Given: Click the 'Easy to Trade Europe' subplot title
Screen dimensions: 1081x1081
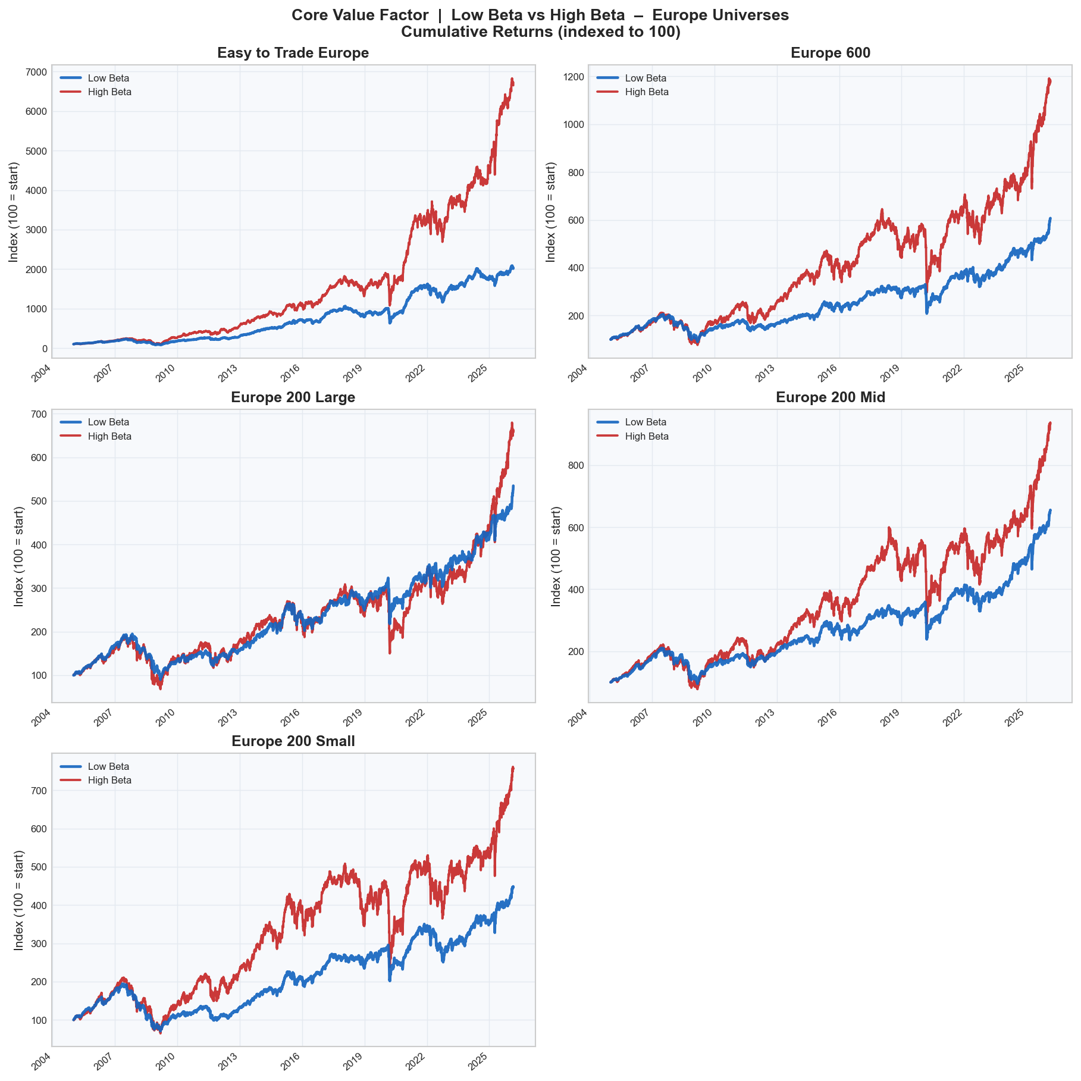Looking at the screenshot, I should [x=293, y=53].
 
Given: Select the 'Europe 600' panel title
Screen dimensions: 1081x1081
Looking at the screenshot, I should [x=830, y=53].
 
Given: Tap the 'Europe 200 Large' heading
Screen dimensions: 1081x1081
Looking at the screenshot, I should [x=293, y=397].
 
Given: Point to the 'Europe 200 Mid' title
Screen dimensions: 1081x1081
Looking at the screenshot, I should [x=830, y=397].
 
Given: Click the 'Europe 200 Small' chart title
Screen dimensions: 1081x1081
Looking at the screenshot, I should [x=293, y=741].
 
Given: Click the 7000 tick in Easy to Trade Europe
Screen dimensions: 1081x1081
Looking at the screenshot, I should [x=35, y=73].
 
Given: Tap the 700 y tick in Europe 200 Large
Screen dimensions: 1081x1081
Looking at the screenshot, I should [x=37, y=415].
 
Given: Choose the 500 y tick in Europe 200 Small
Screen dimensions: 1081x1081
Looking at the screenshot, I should [x=37, y=867].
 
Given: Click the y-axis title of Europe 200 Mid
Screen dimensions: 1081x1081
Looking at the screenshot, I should [x=556, y=556].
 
